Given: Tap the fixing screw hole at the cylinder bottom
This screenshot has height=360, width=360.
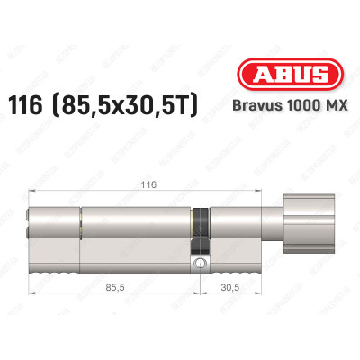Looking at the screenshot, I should click(200, 265).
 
